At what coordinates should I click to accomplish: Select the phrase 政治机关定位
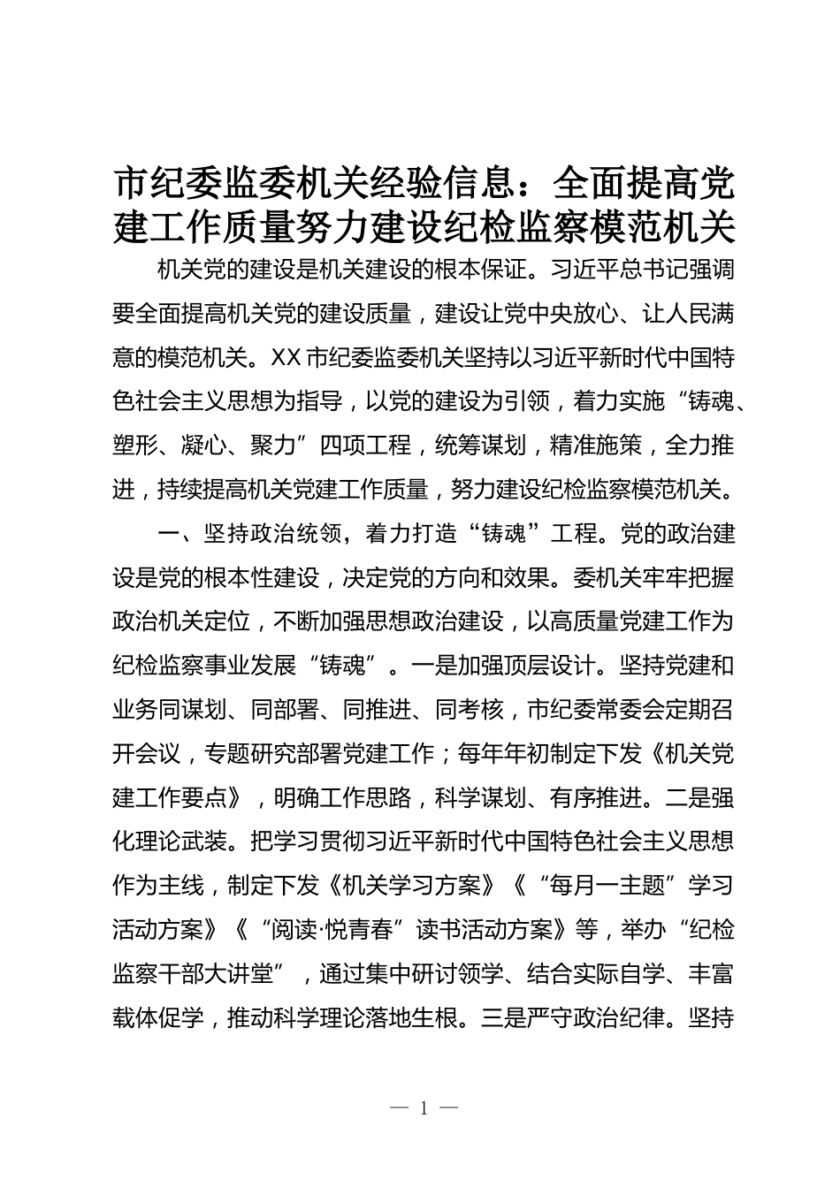182,621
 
